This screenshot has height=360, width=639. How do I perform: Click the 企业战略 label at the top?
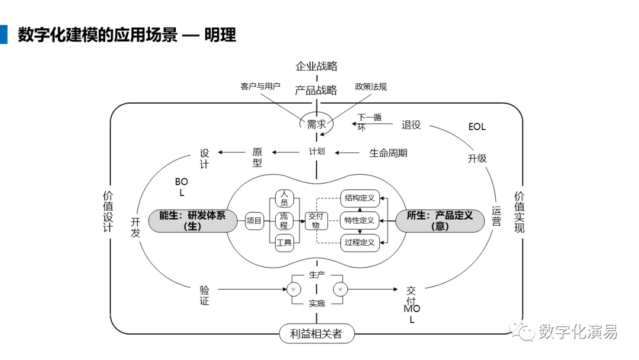[316, 66]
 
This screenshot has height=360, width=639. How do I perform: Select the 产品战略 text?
[316, 90]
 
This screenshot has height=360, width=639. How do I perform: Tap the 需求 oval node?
[317, 124]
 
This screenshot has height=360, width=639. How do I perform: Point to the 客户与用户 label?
[260, 86]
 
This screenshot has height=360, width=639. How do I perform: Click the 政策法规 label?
[371, 86]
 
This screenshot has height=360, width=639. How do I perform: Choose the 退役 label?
[411, 125]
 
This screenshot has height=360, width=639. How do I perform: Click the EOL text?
[477, 127]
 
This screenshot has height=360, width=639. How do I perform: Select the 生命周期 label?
[388, 153]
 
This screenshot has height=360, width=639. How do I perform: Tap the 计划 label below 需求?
[317, 152]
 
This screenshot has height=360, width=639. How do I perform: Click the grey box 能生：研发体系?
[192, 221]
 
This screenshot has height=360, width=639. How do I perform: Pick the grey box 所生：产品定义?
[440, 221]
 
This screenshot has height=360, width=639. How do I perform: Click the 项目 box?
[254, 221]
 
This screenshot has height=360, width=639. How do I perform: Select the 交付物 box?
[316, 221]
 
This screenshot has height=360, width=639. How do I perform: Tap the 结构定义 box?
[360, 198]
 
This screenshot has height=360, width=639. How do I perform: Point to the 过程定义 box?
[360, 243]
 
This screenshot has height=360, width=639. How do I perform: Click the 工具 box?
[284, 243]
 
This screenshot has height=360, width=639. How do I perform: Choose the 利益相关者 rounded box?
[317, 333]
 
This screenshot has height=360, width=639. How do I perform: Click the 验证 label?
[204, 295]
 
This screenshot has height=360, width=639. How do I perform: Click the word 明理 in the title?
[220, 35]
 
